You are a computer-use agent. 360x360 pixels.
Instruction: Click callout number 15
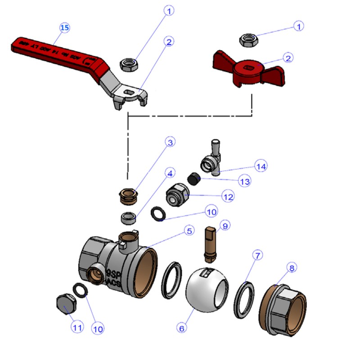pyautogui.click(x=65, y=28)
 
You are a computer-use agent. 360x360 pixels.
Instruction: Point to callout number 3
pyautogui.click(x=170, y=142)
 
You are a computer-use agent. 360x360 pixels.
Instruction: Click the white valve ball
pyautogui.click(x=207, y=290)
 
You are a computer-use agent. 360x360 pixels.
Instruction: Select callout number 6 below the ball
pyautogui.click(x=182, y=328)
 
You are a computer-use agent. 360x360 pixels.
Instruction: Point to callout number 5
pyautogui.click(x=189, y=231)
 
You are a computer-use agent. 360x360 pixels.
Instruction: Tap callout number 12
pyautogui.click(x=228, y=197)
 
